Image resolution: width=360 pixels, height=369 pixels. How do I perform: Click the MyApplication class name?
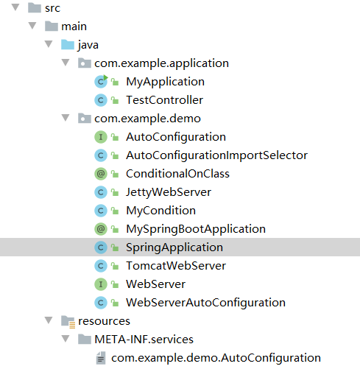(165, 82)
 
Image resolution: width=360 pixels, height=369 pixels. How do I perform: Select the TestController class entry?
(164, 100)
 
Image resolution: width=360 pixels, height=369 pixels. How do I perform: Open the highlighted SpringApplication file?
(174, 247)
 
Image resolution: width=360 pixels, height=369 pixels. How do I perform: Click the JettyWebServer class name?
(169, 192)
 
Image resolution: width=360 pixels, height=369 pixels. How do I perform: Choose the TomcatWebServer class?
(176, 266)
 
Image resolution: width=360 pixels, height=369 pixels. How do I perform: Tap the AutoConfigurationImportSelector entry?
(216, 155)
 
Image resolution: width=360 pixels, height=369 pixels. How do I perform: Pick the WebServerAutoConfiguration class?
(205, 303)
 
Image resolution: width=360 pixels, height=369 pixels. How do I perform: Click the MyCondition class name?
(160, 211)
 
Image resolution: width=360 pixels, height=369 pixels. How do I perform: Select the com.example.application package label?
(161, 63)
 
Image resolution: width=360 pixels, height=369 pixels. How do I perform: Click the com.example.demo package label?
(147, 119)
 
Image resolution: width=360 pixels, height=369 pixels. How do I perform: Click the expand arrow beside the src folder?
(15, 7)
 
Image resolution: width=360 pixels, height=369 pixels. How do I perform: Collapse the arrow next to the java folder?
(49, 44)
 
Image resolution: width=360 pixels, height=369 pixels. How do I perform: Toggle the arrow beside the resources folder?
(49, 320)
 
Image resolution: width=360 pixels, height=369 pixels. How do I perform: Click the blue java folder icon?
(68, 45)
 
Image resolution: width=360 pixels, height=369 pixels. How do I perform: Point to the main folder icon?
(52, 27)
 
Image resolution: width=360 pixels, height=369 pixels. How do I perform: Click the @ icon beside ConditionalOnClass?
(101, 174)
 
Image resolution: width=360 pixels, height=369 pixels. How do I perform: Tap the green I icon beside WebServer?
(101, 284)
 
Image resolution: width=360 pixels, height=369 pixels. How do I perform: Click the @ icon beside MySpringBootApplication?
(101, 229)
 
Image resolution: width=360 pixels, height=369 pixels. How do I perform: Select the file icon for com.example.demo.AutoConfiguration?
(101, 358)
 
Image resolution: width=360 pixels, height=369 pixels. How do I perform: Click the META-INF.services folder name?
(144, 340)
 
